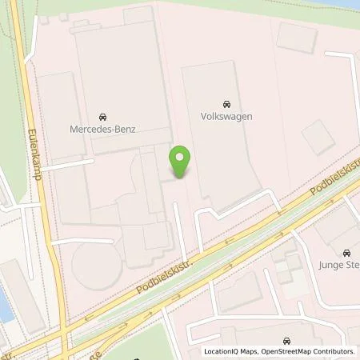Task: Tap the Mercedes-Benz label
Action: pyautogui.click(x=102, y=128)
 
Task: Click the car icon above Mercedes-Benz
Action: pyautogui.click(x=102, y=115)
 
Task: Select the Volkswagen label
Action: pyautogui.click(x=226, y=116)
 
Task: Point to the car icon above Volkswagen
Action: pyautogui.click(x=226, y=103)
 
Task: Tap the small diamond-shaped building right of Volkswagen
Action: pyautogui.click(x=318, y=137)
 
